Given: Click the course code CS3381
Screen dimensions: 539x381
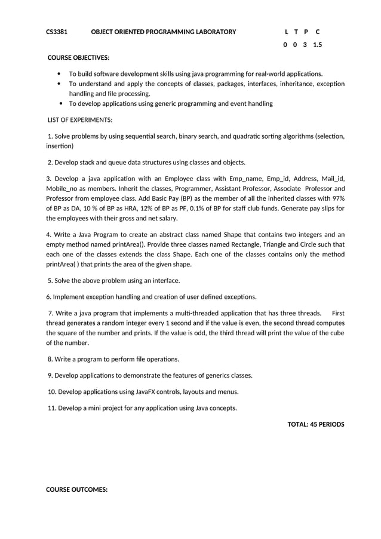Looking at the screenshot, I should (57, 32).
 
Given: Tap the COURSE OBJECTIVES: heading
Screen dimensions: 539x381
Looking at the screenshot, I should (78, 58).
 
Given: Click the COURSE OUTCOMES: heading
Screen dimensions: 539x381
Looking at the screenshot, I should (76, 489).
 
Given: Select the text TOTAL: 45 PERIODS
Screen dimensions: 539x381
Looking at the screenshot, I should (316, 424).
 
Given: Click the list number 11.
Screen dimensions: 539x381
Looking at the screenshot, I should (51, 408).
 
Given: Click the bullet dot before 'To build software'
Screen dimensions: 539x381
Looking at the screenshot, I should (59, 74).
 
